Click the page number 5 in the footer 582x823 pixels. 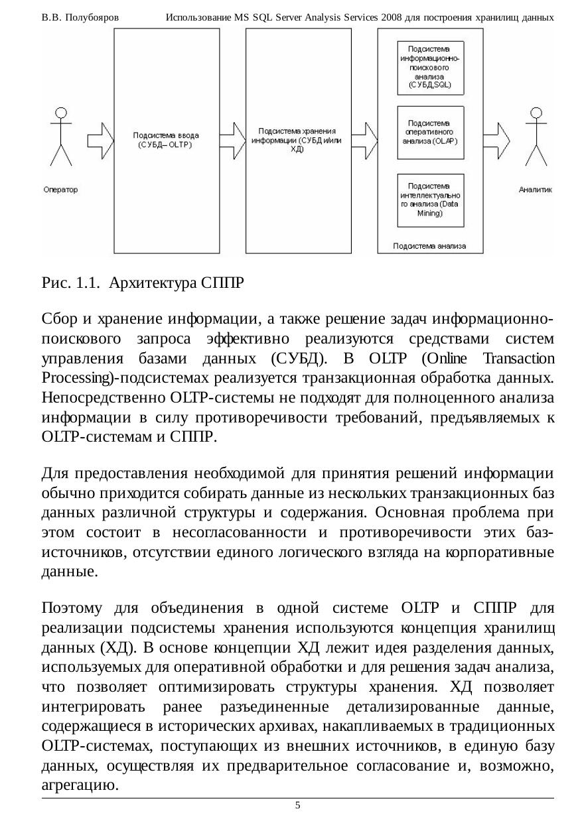(x=297, y=805)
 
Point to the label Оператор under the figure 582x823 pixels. (x=60, y=190)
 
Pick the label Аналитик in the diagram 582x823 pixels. (x=535, y=190)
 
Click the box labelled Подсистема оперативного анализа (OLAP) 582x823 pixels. (x=430, y=133)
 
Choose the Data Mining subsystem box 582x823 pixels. (x=430, y=200)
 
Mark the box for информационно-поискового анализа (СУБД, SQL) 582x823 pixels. (x=430, y=68)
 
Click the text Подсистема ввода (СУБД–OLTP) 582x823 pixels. (x=166, y=140)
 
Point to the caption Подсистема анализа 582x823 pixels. (x=429, y=245)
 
